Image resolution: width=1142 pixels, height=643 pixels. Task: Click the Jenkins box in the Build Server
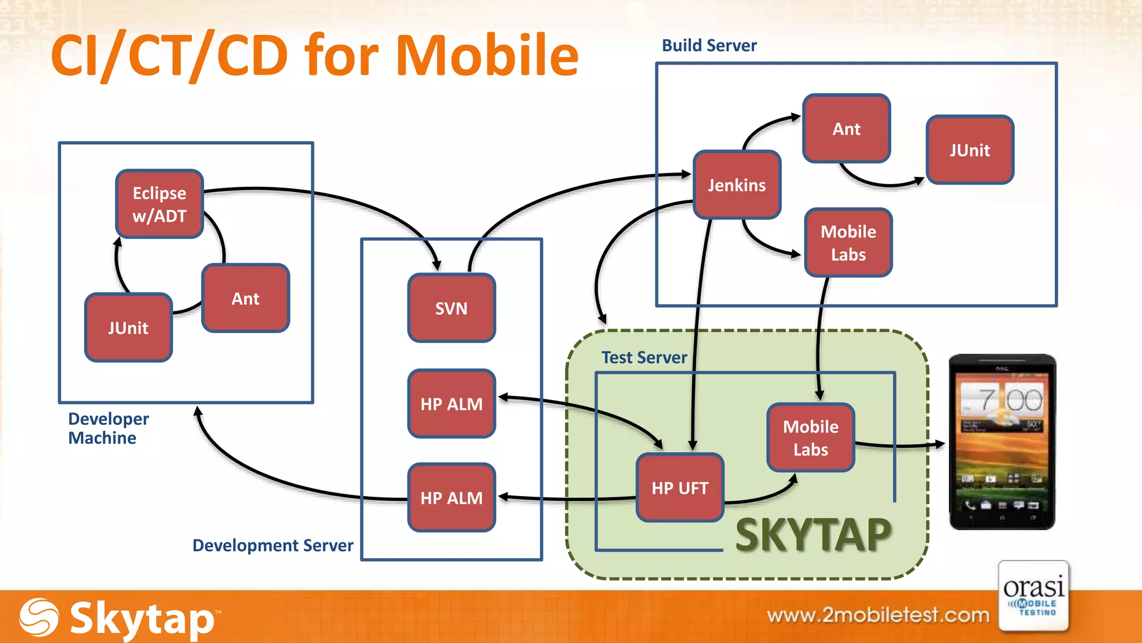pos(737,185)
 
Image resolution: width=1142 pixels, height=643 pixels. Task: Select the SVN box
pos(451,308)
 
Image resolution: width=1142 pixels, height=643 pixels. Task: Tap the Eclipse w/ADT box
pos(159,204)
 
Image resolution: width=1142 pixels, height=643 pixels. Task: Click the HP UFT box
pos(680,488)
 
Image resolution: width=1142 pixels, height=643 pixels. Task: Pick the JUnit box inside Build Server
pos(970,150)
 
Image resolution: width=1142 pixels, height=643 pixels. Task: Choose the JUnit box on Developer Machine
pos(128,328)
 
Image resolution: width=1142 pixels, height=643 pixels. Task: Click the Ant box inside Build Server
pos(846,129)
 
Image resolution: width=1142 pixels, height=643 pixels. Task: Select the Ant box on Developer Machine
pos(245,299)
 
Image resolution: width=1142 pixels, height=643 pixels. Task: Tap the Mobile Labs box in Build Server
pos(848,243)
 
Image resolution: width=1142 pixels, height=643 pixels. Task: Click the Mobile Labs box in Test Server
pos(810,438)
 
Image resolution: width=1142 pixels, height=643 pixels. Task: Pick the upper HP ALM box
pos(451,404)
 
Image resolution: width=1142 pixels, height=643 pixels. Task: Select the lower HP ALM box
pos(451,497)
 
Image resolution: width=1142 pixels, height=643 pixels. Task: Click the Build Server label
pos(709,45)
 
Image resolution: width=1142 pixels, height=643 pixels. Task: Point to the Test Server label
pos(644,357)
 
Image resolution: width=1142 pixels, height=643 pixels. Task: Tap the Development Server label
pos(273,545)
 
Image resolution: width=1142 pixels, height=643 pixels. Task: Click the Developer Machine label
pos(108,428)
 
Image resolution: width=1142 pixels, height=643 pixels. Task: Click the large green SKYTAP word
pos(814,535)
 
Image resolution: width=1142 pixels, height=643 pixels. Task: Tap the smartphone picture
pos(1002,442)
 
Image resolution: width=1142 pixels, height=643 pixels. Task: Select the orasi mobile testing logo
pos(1034,596)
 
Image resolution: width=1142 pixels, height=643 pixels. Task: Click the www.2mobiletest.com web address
pos(878,615)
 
